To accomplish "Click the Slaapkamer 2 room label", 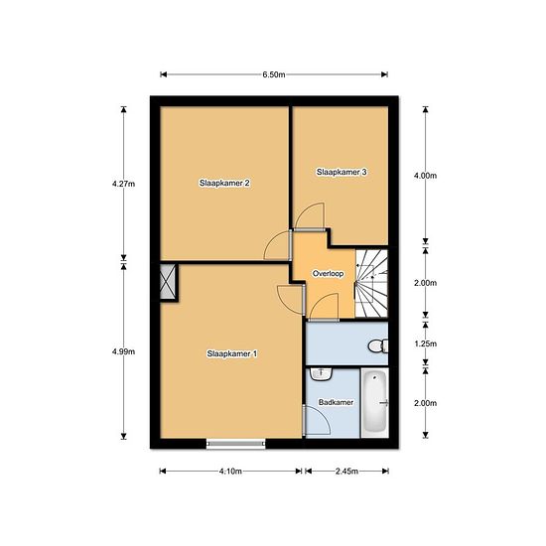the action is click(x=224, y=184).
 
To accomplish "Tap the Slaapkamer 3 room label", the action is click(x=341, y=172).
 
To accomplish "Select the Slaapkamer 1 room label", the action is click(x=232, y=353).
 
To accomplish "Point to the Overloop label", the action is click(x=328, y=274).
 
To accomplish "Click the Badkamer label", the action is click(x=336, y=402).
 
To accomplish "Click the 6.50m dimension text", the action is click(x=274, y=74).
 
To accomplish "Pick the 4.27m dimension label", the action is click(x=123, y=184).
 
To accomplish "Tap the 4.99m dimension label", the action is click(x=123, y=351).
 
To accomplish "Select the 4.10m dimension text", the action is click(x=230, y=472).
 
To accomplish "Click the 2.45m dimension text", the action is click(x=346, y=472).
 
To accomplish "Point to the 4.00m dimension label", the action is click(x=425, y=176).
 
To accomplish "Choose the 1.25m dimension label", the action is click(x=425, y=343).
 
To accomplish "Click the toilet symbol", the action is click(x=378, y=345).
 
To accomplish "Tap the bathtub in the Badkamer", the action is click(x=375, y=402).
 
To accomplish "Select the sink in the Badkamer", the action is click(x=321, y=373).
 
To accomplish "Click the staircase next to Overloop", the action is click(x=371, y=283).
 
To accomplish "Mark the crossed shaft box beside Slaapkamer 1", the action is click(x=168, y=281).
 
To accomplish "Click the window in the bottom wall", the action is click(x=235, y=444).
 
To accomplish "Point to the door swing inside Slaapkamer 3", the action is click(x=310, y=215).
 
